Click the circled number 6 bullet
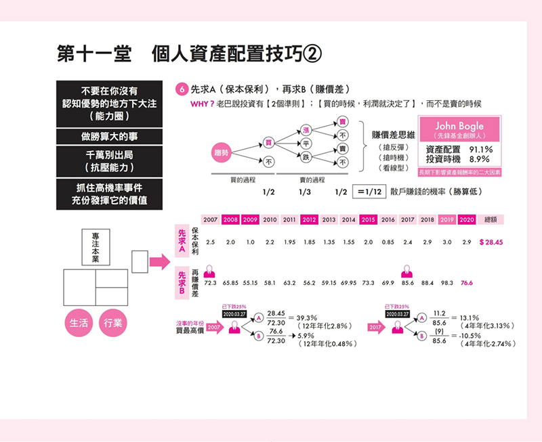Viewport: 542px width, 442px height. [x=180, y=89]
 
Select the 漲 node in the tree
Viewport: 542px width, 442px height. [x=306, y=130]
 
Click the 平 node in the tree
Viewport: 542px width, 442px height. [x=306, y=143]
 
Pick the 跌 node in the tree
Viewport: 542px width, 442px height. [x=306, y=157]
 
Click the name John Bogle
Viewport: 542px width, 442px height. [x=461, y=127]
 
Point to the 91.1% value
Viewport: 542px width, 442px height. [x=481, y=149]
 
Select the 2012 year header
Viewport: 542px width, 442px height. [x=310, y=220]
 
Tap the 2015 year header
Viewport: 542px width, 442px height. [x=369, y=220]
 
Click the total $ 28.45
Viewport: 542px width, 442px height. [x=491, y=242]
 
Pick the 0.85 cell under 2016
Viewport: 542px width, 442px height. [x=388, y=242]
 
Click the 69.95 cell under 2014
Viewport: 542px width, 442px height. [x=349, y=283]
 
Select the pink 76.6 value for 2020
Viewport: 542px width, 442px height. [x=467, y=283]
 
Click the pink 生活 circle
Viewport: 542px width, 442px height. [x=78, y=323]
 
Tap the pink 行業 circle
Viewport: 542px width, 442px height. [x=113, y=323]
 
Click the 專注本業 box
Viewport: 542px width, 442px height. [x=96, y=248]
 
